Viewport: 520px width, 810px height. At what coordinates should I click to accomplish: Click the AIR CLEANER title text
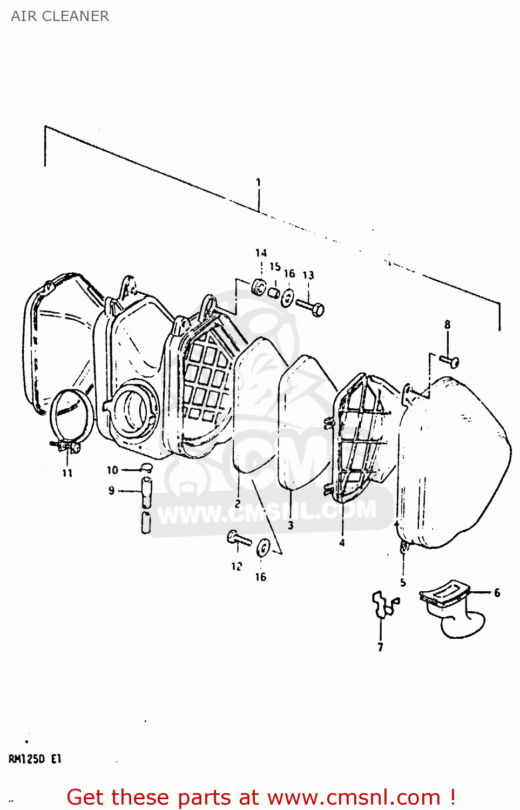60,16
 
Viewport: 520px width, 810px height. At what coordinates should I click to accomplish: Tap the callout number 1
258,183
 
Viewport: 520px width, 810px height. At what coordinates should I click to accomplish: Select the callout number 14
261,253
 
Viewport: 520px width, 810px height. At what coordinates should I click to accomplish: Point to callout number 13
308,275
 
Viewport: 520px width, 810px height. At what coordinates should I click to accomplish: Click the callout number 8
447,325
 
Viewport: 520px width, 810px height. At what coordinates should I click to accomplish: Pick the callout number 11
67,473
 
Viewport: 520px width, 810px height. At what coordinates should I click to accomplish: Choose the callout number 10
112,470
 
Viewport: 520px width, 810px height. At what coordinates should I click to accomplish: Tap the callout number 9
112,491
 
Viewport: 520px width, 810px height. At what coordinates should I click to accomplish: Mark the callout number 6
497,593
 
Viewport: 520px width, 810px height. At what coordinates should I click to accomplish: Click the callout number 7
381,647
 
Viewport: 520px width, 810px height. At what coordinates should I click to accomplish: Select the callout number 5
403,582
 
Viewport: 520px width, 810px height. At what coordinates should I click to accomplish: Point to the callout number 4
342,543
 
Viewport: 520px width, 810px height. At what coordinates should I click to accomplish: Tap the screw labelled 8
450,361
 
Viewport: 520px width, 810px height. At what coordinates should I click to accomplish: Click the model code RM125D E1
35,759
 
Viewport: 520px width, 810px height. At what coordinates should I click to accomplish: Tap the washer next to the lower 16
264,548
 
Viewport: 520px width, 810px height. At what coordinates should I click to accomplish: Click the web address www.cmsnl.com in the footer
354,798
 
